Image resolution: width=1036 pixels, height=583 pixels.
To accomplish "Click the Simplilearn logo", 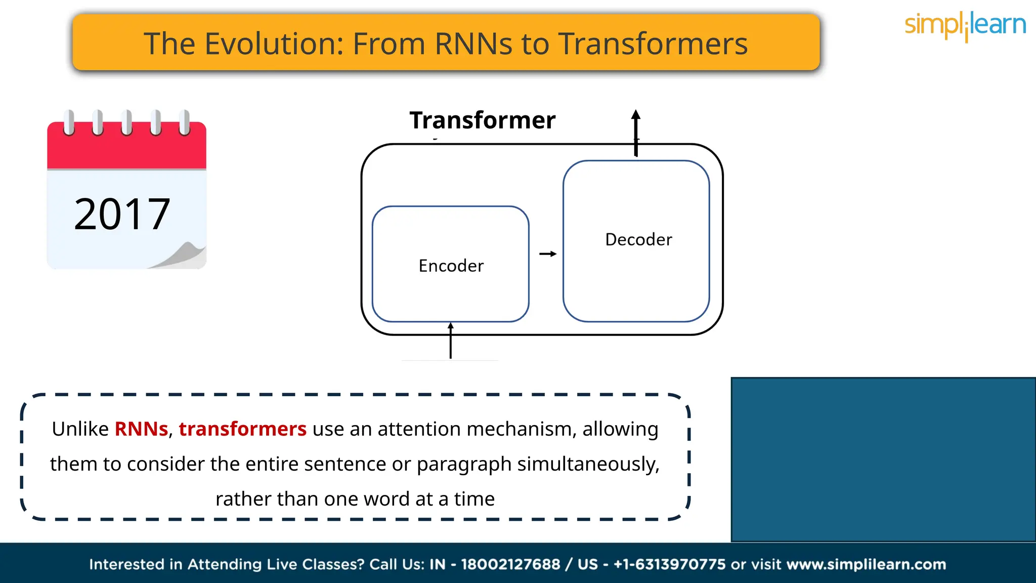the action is point(965,25).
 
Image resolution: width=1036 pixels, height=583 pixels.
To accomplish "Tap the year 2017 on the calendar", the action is point(122,214).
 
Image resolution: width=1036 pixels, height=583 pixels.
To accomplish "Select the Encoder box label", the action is point(451,266).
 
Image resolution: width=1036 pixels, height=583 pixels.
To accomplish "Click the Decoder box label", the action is point(638,239).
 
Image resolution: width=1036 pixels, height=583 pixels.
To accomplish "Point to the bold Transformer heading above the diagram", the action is point(482,120).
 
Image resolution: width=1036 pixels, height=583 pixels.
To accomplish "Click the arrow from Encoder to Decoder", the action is point(547,254).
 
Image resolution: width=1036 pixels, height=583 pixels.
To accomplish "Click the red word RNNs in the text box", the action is point(141,429).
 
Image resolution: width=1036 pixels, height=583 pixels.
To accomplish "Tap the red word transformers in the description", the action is point(242,429).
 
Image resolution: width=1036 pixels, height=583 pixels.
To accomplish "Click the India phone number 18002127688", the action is point(510,564).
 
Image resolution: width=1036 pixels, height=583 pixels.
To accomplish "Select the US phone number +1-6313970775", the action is point(669,564).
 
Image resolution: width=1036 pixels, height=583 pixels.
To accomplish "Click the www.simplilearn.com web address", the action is point(866,564).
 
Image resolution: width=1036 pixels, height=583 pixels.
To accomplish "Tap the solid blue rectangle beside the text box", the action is point(883,460).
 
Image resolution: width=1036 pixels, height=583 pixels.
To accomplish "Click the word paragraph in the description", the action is point(464,464).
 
